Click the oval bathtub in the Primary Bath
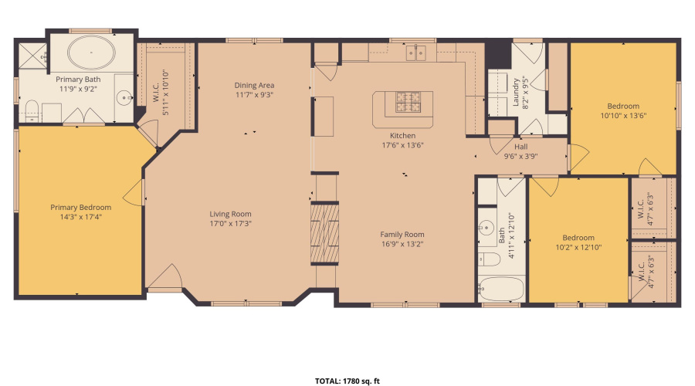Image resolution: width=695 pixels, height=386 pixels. click(x=92, y=54)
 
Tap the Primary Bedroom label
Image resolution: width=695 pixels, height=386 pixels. click(x=81, y=207)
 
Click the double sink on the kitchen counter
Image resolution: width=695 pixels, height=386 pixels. click(x=418, y=52)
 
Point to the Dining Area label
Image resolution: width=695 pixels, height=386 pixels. click(x=255, y=86)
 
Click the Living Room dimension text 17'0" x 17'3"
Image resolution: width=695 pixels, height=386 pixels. click(x=231, y=224)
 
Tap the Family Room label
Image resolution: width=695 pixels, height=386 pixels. click(x=402, y=235)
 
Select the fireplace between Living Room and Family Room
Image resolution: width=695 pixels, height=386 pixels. click(x=324, y=232)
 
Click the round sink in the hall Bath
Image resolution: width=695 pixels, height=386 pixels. click(x=486, y=228)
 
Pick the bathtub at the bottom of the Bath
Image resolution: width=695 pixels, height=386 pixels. click(x=500, y=290)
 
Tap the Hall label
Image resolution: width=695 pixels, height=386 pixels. click(x=521, y=145)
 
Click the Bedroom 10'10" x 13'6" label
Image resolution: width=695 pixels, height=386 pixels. click(x=623, y=106)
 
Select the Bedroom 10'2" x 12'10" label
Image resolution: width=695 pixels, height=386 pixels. click(x=578, y=238)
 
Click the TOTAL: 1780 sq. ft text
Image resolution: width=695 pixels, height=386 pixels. click(x=347, y=381)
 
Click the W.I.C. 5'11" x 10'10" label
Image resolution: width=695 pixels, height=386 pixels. click(x=155, y=99)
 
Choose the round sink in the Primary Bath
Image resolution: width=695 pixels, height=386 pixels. click(x=124, y=98)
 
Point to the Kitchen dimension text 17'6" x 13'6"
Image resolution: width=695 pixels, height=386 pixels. click(x=402, y=144)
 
